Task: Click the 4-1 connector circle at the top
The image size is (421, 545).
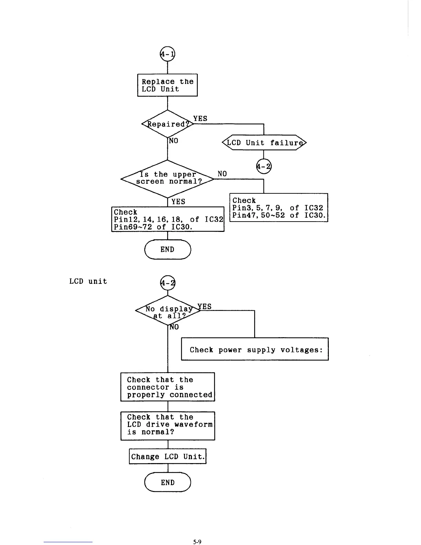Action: pos(168,54)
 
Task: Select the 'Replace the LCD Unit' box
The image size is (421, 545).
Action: pos(168,85)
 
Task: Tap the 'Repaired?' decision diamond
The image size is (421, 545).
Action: pos(168,124)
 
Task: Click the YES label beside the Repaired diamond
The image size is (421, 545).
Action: pos(200,118)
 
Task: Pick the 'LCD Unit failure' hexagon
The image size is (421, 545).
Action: pos(264,143)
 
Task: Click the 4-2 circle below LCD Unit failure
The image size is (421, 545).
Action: pos(264,167)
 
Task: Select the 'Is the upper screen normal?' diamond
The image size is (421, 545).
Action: pos(168,178)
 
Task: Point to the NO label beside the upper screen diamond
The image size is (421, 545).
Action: pos(222,174)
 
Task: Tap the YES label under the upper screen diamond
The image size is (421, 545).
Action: pos(178,202)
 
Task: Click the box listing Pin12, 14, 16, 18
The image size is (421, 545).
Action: pos(168,219)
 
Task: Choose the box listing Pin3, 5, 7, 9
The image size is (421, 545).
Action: pos(279,208)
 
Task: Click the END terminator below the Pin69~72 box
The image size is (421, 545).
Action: pos(168,249)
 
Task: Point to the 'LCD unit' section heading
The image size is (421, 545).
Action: pos(88,281)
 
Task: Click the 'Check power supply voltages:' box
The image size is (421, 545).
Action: pos(255,349)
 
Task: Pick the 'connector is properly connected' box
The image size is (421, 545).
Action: pos(168,387)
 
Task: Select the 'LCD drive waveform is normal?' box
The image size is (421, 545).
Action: pos(168,426)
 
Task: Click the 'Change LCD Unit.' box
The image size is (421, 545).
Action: pos(168,457)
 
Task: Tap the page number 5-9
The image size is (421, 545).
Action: pos(197,542)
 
